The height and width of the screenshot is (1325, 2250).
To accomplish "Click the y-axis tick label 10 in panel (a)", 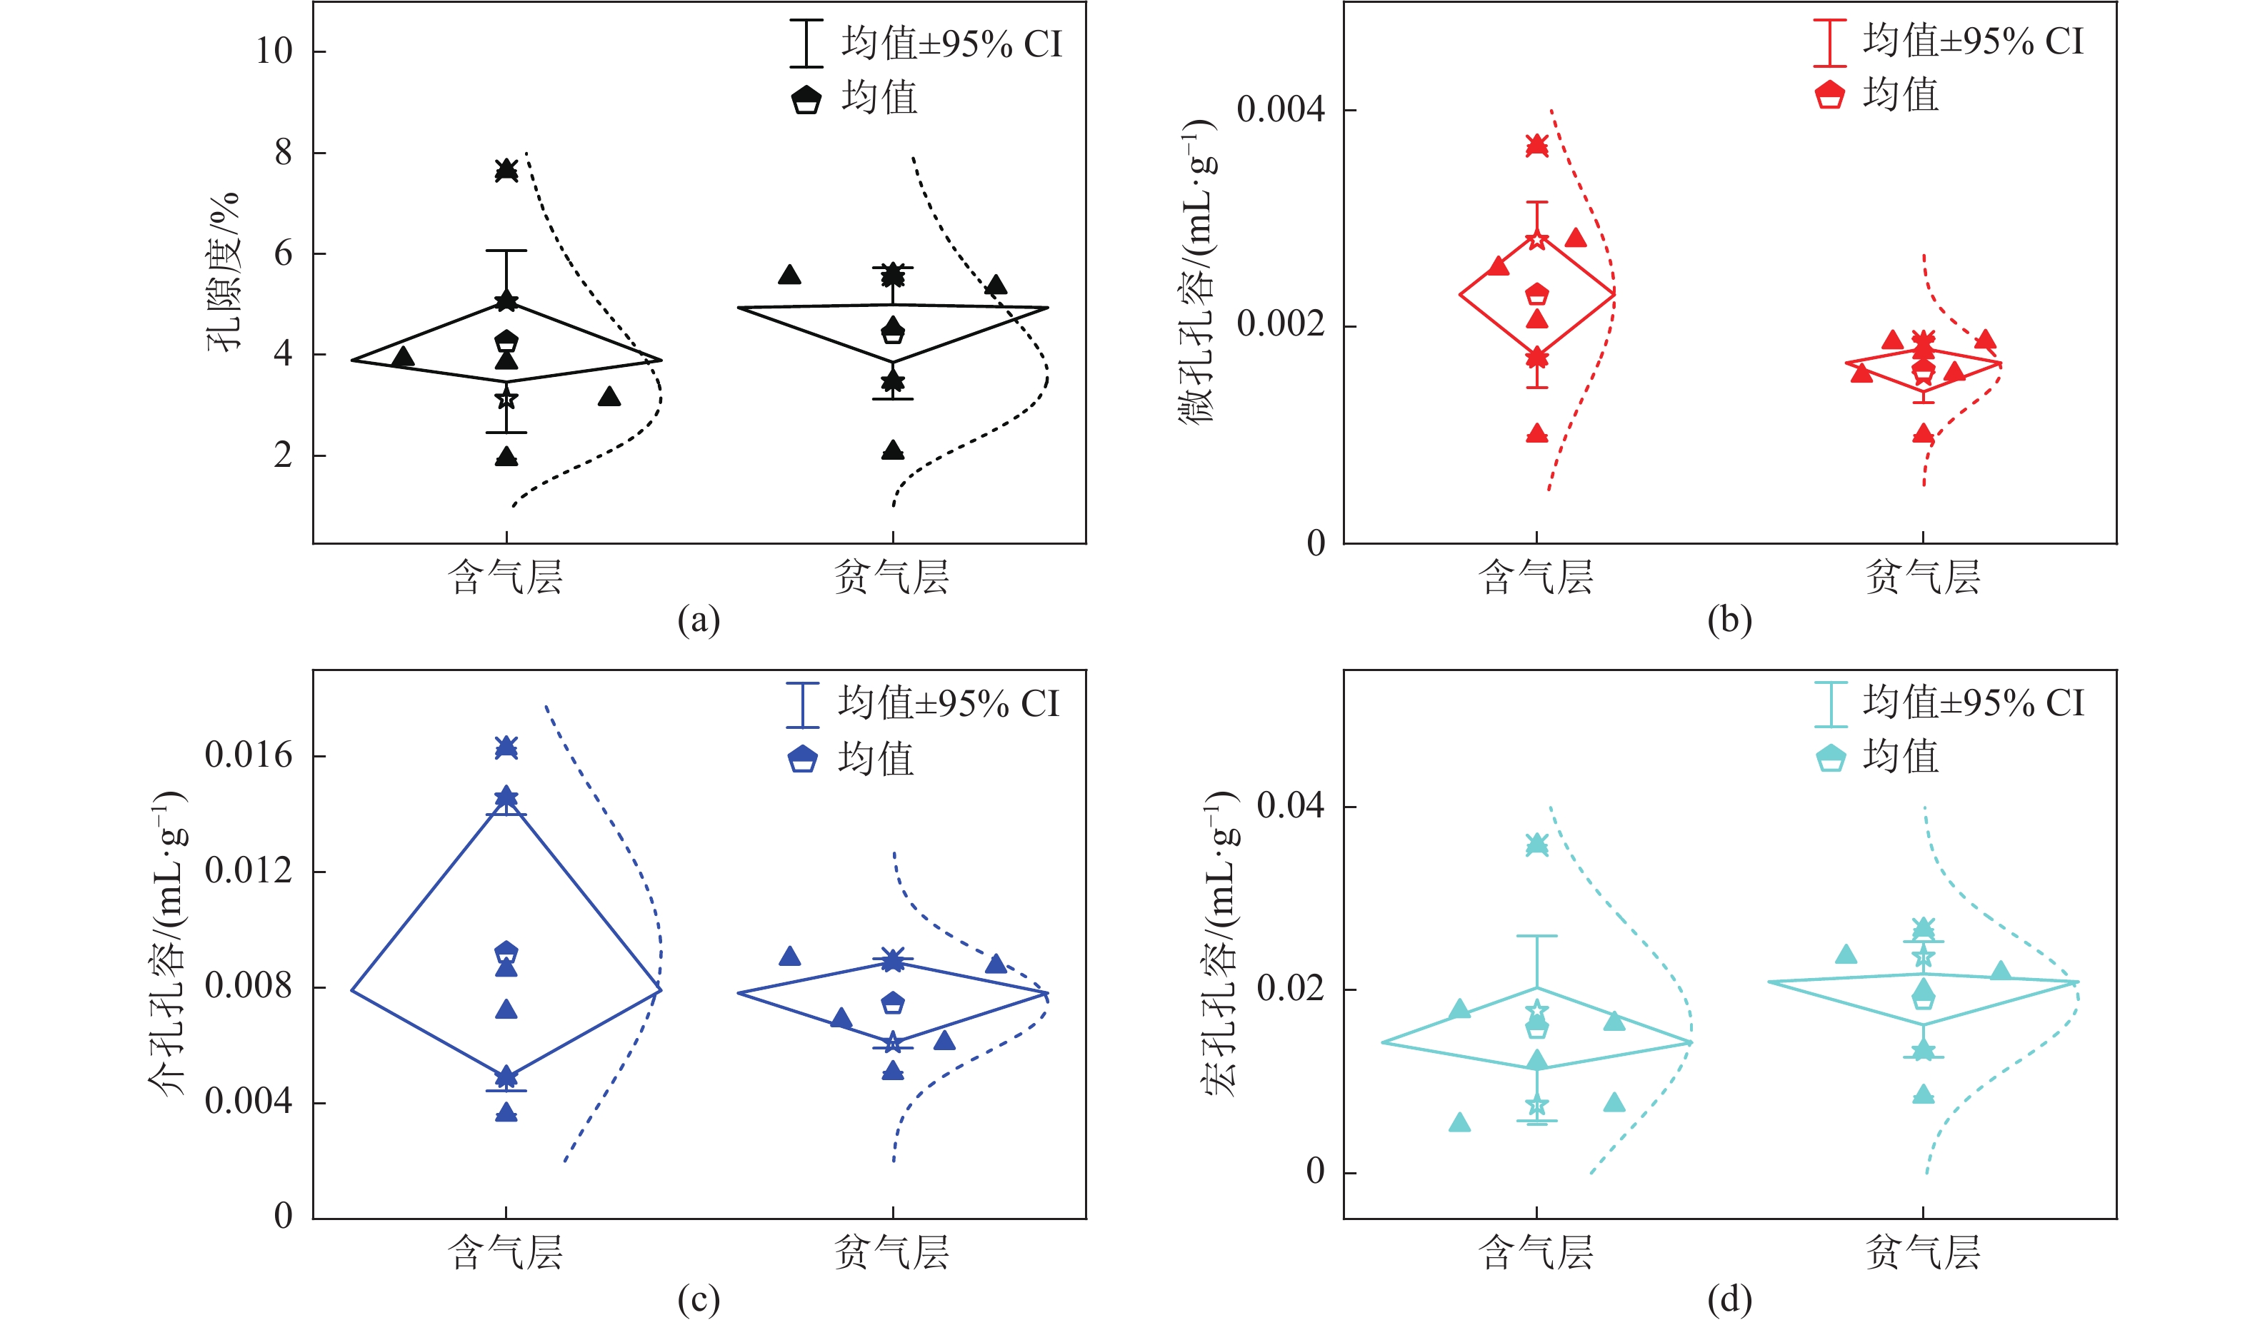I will (274, 51).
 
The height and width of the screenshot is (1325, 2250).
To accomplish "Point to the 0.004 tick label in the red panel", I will (1280, 110).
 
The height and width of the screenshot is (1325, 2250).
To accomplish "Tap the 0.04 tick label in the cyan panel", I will (1290, 806).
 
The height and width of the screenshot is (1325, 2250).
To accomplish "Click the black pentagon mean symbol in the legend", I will (806, 99).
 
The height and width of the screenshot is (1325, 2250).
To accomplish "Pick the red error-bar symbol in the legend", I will (1829, 42).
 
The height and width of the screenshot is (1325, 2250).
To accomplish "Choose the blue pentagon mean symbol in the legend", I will (802, 759).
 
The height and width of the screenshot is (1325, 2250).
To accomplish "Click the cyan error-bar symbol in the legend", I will (1830, 705).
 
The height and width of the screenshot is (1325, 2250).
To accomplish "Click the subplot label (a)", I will (699, 620).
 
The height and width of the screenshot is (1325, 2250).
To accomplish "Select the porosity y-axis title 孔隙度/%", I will (224, 271).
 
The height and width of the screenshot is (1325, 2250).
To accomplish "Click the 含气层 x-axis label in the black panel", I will (506, 578).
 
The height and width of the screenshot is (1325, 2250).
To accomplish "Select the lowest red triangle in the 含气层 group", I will (1536, 435).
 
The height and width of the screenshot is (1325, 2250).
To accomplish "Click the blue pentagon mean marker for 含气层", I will (506, 952).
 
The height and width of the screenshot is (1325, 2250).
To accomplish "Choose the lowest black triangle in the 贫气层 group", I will (892, 451).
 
